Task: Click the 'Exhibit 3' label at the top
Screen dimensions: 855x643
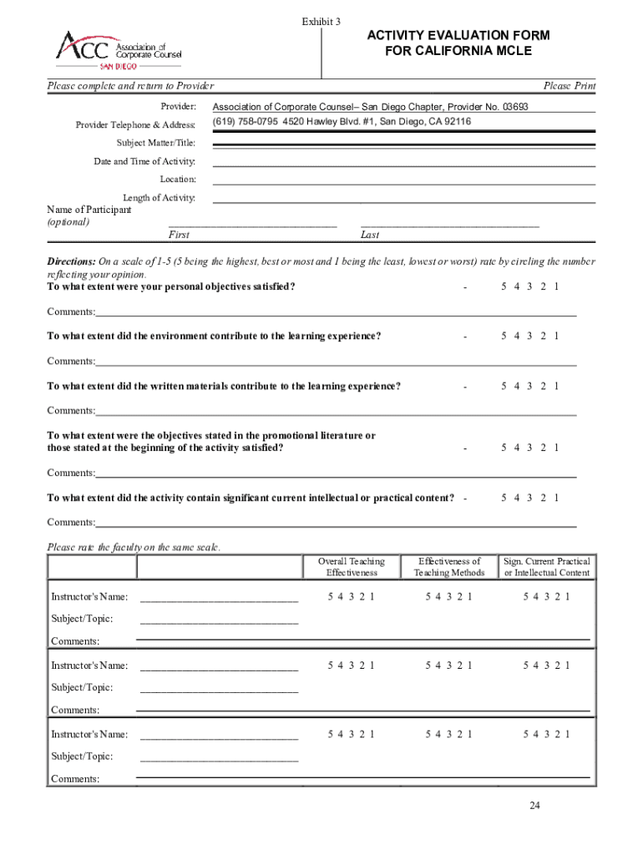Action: (x=321, y=22)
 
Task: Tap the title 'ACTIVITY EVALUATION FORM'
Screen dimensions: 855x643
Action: (x=458, y=35)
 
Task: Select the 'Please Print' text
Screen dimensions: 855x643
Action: (x=570, y=86)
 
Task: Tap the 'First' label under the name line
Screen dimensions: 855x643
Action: (x=179, y=235)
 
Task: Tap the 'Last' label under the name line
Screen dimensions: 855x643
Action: (x=370, y=235)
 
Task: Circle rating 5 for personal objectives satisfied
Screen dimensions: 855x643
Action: (x=504, y=287)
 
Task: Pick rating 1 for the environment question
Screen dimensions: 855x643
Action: (x=556, y=336)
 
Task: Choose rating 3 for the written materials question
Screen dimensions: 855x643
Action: (x=530, y=386)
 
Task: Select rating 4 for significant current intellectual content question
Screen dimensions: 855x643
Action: (x=517, y=498)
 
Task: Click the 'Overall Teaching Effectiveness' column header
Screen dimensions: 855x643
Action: (x=352, y=567)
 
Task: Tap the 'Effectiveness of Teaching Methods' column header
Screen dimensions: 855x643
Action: (x=449, y=567)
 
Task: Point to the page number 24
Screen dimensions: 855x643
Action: (x=534, y=806)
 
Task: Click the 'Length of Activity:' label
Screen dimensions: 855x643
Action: (x=159, y=198)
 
